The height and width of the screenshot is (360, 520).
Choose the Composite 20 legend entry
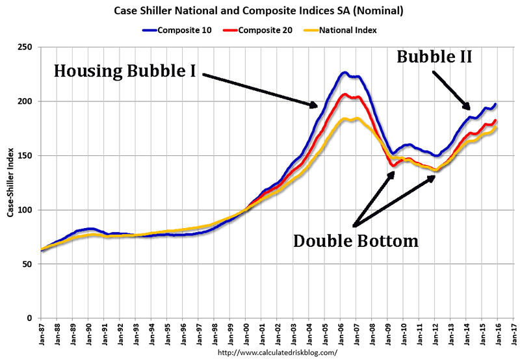pos(263,29)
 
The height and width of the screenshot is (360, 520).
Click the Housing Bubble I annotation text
pos(125,70)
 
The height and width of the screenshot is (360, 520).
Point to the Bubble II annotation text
pos(434,57)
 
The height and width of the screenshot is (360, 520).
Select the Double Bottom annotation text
pos(356,241)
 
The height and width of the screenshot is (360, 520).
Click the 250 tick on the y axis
pos(27,47)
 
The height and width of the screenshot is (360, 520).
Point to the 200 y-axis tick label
pos(27,101)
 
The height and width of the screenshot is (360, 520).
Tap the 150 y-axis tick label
pos(27,156)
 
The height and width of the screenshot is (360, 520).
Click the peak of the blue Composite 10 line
pos(344,72)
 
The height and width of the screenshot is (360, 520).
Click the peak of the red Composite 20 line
pos(344,95)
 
